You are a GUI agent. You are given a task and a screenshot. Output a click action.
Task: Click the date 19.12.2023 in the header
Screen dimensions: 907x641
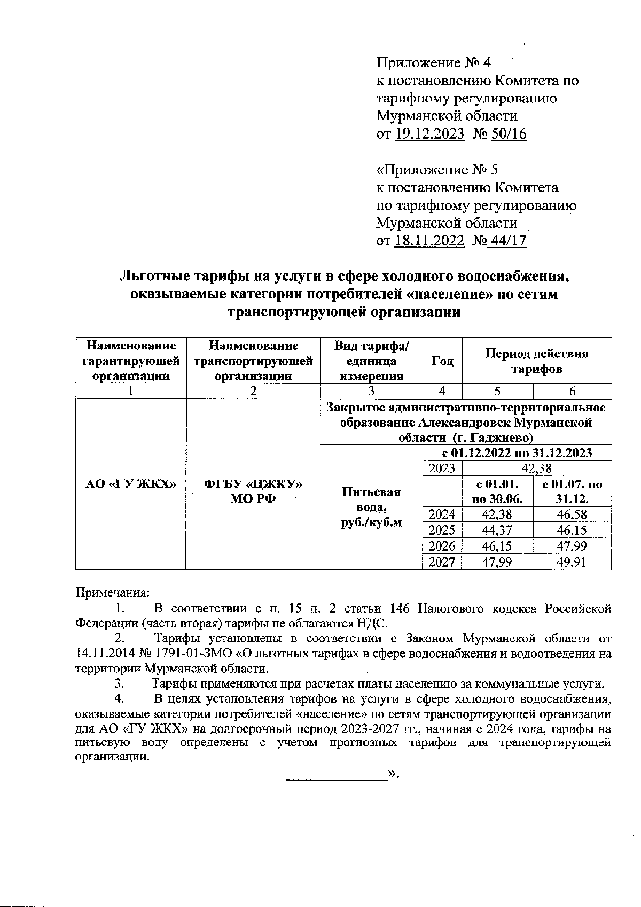[x=429, y=133]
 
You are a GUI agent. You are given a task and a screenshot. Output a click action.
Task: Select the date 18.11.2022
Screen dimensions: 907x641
[x=429, y=241]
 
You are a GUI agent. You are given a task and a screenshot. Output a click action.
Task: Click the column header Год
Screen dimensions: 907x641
[x=442, y=361]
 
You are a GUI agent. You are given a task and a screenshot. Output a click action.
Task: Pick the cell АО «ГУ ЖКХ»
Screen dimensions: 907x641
[x=131, y=484]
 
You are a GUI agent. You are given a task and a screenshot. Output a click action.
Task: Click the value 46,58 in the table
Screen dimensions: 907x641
[x=572, y=514]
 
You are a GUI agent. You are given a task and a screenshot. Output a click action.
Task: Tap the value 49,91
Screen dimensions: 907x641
[x=572, y=562]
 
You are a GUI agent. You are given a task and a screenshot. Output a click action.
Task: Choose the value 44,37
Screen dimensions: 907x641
[x=497, y=530]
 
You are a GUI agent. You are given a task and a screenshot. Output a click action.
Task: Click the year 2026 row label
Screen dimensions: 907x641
[x=442, y=546]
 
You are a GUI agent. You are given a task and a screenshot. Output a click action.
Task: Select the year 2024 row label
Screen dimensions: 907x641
[x=442, y=514]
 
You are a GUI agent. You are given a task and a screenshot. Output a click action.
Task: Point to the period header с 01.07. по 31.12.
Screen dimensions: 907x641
[x=572, y=492]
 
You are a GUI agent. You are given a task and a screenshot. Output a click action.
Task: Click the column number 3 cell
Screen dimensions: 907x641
[x=371, y=391]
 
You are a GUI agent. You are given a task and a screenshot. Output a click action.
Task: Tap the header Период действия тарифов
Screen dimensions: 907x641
[x=537, y=361]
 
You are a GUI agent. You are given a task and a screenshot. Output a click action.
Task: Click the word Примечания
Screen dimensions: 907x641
[x=113, y=593]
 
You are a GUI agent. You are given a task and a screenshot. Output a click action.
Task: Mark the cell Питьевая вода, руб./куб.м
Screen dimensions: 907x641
[x=371, y=507]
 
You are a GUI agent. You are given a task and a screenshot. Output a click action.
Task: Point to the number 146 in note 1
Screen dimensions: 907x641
[x=400, y=609]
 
